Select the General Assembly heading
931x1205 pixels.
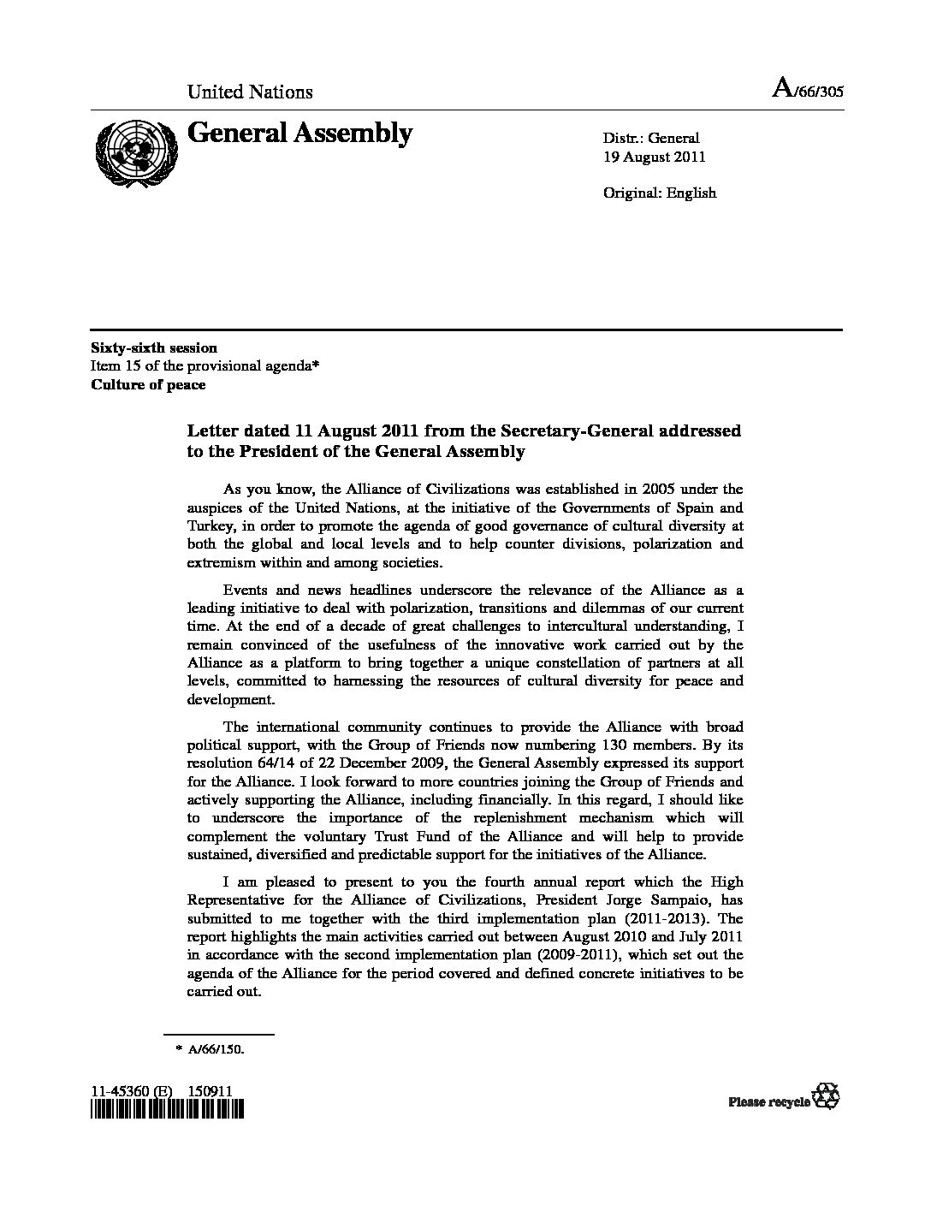click(299, 133)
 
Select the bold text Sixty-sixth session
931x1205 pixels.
click(154, 347)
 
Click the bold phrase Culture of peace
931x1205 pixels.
click(148, 384)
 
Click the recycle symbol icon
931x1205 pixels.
click(828, 1095)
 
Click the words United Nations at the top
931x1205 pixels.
click(250, 92)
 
